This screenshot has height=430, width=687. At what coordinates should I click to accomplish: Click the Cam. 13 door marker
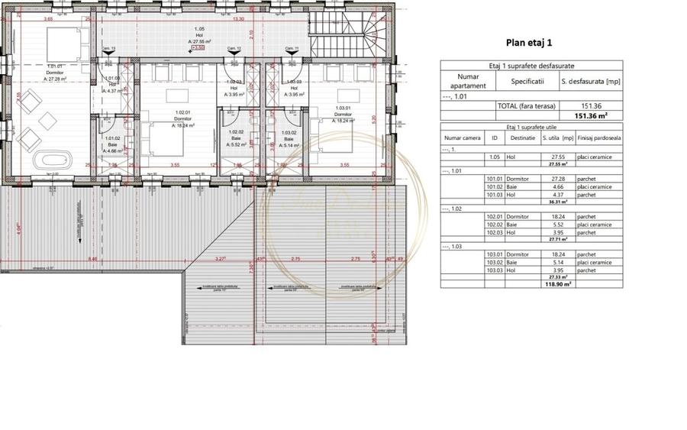point(110,49)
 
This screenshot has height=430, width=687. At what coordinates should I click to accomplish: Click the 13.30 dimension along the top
point(239,19)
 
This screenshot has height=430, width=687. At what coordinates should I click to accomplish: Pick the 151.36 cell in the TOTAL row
point(590,106)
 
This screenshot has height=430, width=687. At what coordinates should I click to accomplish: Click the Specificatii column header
point(527,80)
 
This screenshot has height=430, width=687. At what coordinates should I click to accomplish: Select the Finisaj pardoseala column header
point(599,138)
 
